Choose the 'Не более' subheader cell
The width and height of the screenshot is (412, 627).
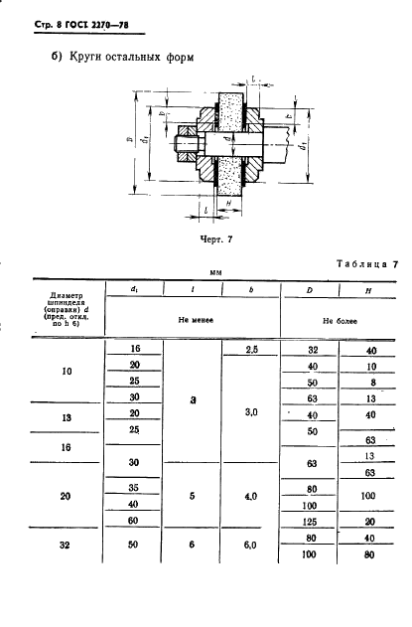point(340,322)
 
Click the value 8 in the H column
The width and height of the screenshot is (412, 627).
point(368,383)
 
